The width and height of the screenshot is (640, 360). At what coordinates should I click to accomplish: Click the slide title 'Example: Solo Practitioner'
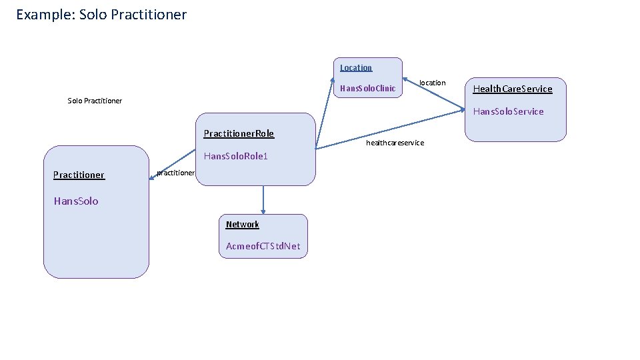click(x=101, y=14)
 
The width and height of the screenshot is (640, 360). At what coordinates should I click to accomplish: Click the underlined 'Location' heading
click(x=356, y=67)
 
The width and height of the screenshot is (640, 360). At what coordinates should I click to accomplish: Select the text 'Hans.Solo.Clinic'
click(x=367, y=88)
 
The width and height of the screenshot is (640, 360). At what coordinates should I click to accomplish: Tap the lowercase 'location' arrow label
click(x=432, y=83)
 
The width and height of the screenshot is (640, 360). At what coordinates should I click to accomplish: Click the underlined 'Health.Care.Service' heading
click(x=512, y=89)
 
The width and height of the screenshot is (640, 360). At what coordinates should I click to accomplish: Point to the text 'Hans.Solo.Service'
click(x=508, y=111)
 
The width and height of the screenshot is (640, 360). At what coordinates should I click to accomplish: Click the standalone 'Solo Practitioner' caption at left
click(x=95, y=101)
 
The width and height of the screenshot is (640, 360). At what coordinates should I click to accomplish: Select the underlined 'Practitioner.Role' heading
click(x=239, y=133)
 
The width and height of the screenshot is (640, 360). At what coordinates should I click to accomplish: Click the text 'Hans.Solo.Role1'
click(x=235, y=156)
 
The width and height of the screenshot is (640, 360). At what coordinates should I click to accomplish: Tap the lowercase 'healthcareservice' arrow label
click(x=395, y=143)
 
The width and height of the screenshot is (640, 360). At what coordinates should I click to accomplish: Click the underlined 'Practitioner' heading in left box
click(x=79, y=175)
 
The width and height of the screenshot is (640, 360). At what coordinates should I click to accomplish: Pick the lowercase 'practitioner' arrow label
click(x=175, y=173)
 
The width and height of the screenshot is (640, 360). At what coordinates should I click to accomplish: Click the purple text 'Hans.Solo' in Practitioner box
click(x=76, y=201)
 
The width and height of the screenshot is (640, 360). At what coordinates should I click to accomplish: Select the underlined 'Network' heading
click(x=242, y=224)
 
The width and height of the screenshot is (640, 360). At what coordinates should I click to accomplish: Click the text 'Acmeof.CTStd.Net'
click(x=263, y=246)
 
